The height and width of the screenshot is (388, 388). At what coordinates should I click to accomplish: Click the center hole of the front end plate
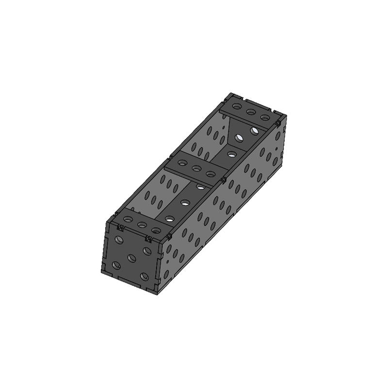[x=132, y=258]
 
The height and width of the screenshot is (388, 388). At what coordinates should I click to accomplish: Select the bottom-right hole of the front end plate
[x=145, y=276]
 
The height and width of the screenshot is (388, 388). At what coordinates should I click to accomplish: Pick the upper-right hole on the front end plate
[x=146, y=251]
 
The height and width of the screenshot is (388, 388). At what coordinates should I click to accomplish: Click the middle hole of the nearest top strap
[x=142, y=225]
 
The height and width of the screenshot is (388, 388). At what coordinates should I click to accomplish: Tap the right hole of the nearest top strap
[x=156, y=230]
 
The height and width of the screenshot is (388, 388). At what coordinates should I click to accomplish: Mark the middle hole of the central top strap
[x=197, y=169]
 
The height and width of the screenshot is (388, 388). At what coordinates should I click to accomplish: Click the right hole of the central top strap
[x=210, y=174]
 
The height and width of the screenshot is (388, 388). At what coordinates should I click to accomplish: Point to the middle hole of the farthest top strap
[x=251, y=113]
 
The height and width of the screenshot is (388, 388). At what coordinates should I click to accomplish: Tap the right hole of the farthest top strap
[x=265, y=118]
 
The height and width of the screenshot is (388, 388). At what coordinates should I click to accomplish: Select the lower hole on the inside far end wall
[x=239, y=139]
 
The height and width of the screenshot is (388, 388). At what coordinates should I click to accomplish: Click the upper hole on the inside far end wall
[x=254, y=130]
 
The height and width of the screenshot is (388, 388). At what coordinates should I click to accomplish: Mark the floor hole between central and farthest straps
[x=232, y=155]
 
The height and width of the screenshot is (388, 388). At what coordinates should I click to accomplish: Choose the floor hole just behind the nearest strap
[x=169, y=219]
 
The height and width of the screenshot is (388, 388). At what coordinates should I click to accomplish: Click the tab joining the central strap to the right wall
[x=224, y=180]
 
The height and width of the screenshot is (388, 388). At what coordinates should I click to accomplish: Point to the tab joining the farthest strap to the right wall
[x=278, y=124]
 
